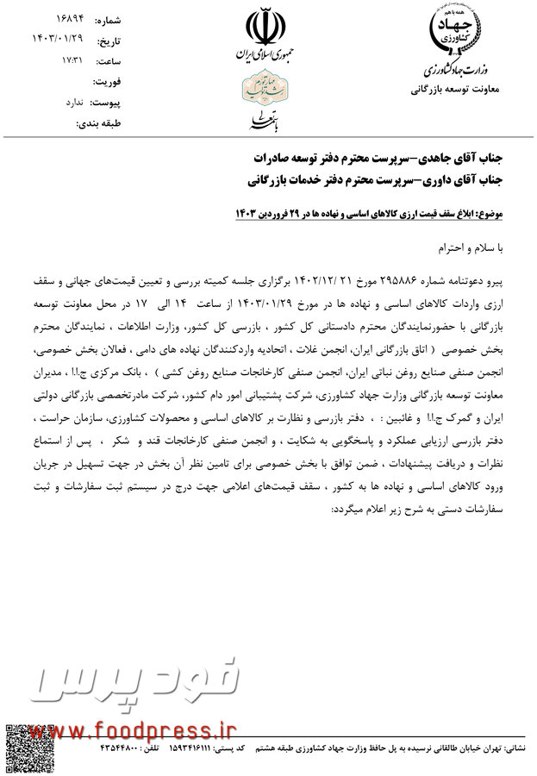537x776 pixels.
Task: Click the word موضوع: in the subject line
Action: tap(493, 211)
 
